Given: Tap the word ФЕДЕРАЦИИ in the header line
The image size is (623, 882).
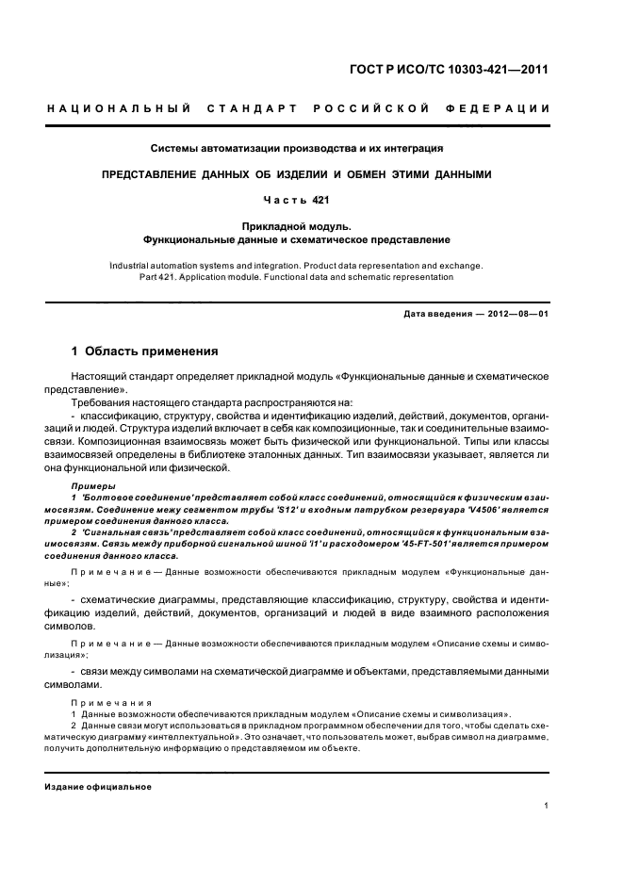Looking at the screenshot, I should coord(510,109).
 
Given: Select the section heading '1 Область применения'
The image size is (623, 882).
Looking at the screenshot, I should coord(145,351).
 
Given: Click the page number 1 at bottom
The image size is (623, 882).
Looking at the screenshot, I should coord(548,805).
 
